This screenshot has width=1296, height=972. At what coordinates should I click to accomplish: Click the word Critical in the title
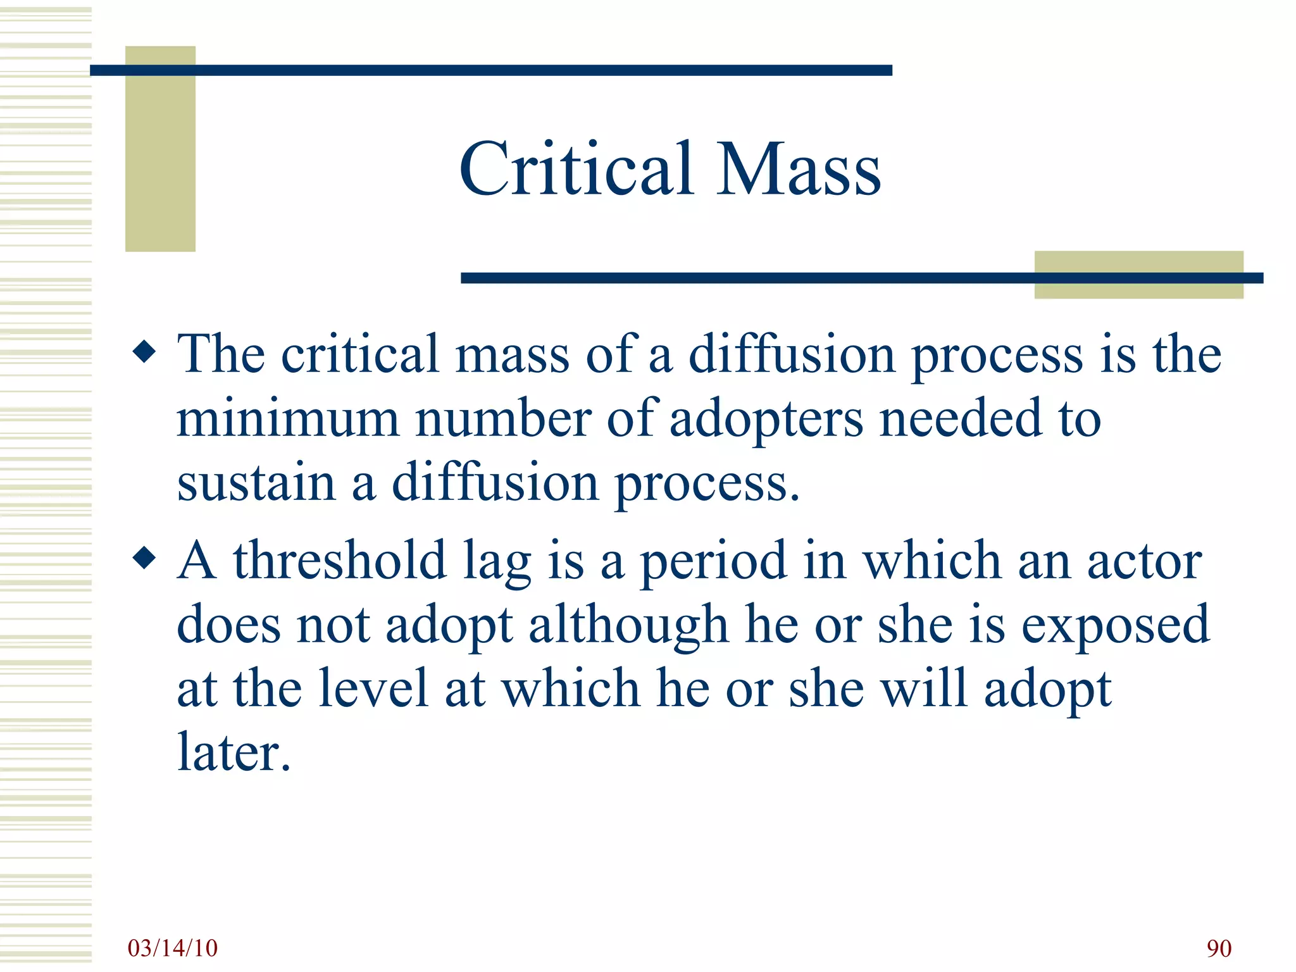tap(576, 169)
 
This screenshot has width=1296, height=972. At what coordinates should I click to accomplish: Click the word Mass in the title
tap(799, 169)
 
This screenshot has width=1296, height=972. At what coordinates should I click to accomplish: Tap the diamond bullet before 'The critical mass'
tap(145, 351)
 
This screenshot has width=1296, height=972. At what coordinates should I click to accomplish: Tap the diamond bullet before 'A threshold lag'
tap(145, 558)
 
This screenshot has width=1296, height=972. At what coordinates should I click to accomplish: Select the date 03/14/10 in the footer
tap(172, 948)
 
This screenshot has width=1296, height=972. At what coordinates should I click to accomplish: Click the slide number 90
tap(1219, 949)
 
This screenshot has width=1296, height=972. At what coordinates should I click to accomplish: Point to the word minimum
tap(288, 418)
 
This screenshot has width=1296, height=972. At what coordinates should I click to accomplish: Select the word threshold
tap(340, 561)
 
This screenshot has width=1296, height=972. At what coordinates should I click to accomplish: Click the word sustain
tap(256, 483)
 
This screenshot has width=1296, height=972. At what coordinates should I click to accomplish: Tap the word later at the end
tap(233, 752)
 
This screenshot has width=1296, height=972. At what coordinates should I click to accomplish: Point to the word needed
tap(961, 418)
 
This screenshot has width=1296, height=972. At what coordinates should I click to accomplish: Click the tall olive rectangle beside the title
tap(160, 149)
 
